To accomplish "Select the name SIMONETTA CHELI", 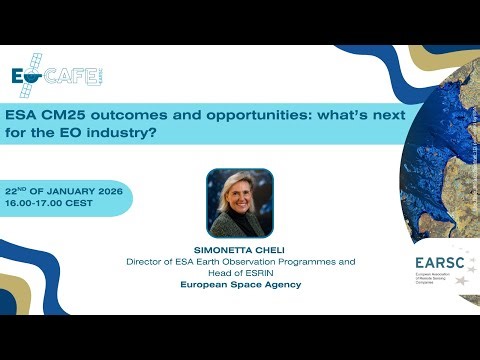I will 239,250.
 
